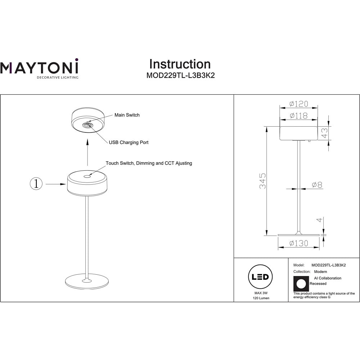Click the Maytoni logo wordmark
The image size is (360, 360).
pos(39,67)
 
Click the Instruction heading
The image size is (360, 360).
pos(180,64)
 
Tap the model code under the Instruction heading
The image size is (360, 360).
pos(180,76)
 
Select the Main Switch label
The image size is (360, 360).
pos(127,115)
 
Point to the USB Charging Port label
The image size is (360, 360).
pos(129,143)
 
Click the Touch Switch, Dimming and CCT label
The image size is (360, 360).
pos(149,163)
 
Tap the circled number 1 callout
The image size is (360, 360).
pos(36,184)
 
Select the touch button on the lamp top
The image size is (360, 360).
pos(87,176)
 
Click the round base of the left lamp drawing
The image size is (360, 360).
pos(87,282)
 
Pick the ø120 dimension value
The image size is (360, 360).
pos(299,104)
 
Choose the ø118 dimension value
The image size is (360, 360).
pos(299,116)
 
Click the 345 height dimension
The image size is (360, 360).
pos(263,181)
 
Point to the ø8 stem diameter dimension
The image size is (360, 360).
pos(317,185)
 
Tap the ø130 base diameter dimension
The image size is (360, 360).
pos(299,243)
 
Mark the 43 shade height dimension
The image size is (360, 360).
pos(324,133)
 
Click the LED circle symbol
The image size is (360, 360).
pos(260,276)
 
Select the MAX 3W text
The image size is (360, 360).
pos(261,293)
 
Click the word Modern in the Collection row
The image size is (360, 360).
pos(320,271)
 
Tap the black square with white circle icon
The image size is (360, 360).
pos(301,284)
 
